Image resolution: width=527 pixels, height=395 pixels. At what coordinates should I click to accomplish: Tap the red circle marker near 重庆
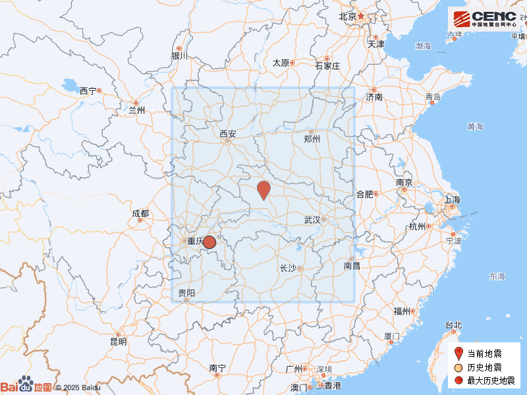tap(209, 242)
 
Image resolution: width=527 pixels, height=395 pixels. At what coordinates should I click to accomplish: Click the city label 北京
tap(347, 16)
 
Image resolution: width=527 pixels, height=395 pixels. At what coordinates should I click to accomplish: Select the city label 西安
tap(228, 134)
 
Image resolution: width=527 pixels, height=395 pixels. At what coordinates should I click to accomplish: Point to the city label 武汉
tap(312, 219)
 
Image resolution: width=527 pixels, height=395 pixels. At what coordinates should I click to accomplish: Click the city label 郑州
tap(312, 139)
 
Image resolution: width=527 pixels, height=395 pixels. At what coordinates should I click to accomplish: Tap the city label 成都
tap(140, 213)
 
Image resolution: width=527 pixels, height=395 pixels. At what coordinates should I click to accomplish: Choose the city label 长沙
tap(289, 268)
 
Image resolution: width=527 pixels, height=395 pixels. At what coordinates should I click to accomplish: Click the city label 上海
tap(453, 199)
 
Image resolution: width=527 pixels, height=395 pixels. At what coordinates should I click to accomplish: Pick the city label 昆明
tap(119, 342)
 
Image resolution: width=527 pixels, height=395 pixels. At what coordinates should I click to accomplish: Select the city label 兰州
tap(136, 111)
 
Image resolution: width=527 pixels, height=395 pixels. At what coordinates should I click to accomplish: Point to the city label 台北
tap(454, 325)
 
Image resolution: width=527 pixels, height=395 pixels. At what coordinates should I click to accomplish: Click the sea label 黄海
tap(476, 126)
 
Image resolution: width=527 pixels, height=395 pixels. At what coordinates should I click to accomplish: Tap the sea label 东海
tap(497, 276)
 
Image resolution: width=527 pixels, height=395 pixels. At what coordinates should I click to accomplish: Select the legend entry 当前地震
tap(484, 354)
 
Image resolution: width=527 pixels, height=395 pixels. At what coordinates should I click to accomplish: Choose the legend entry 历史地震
tap(484, 367)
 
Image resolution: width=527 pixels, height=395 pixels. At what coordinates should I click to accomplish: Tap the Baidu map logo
tap(26, 386)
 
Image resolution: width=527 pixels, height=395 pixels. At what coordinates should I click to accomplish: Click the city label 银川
tap(180, 56)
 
